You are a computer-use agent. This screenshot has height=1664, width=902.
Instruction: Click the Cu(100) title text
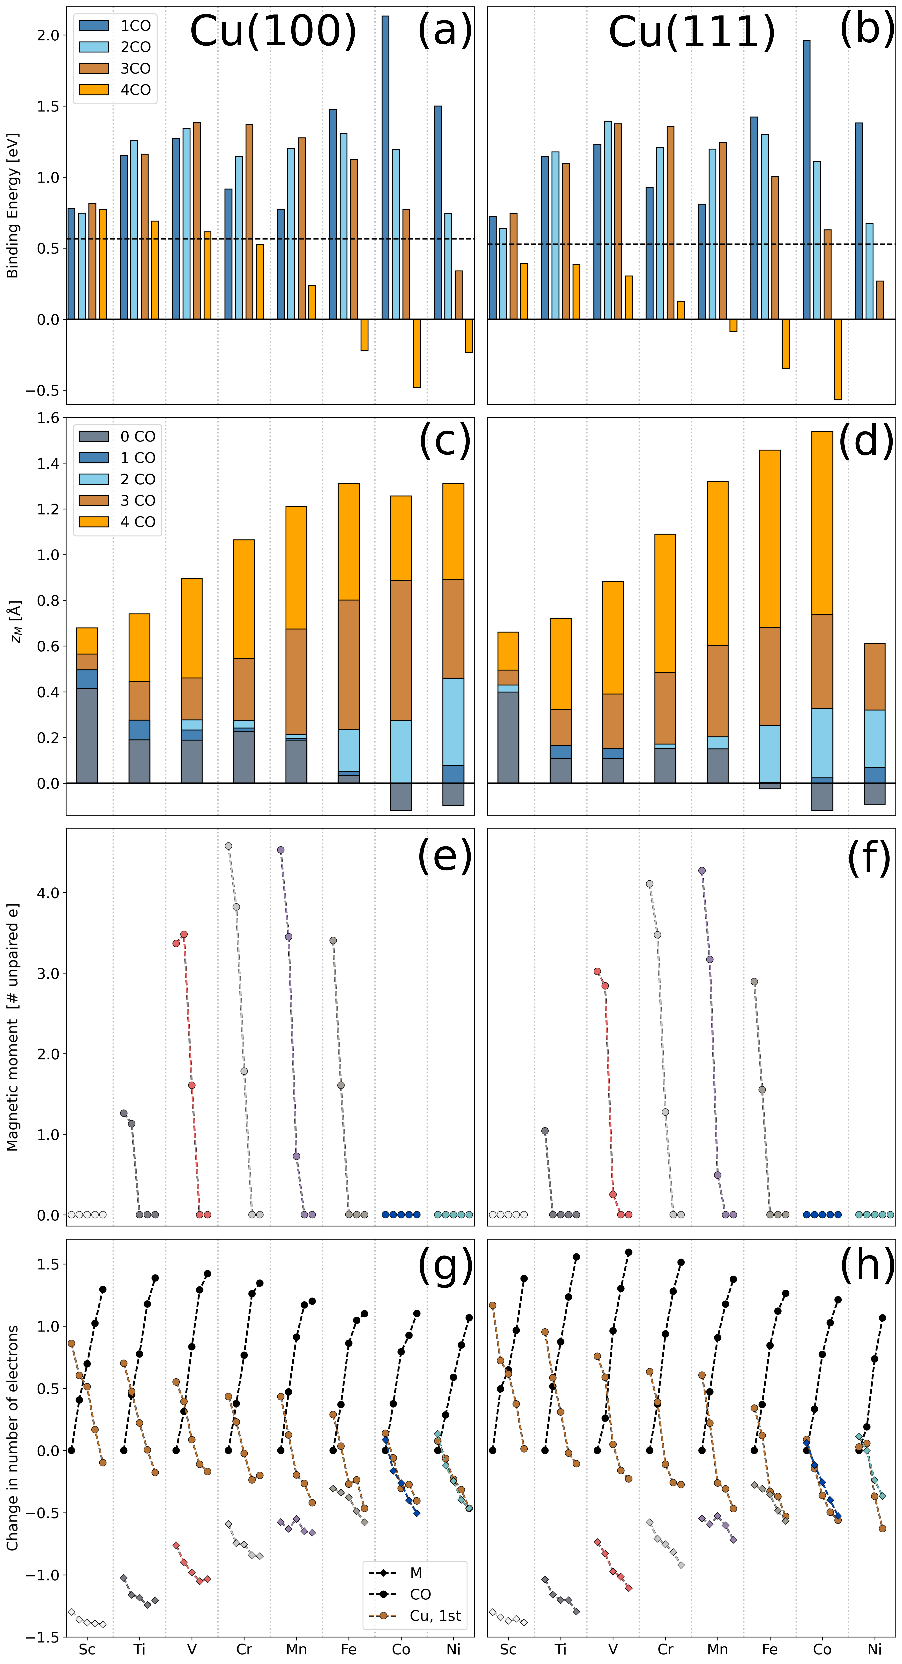tap(273, 31)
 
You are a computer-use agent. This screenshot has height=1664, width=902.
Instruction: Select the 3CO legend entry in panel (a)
tap(116, 68)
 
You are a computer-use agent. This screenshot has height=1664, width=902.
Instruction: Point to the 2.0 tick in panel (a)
tap(48, 36)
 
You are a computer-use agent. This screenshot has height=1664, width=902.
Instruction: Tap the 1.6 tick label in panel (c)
tap(48, 419)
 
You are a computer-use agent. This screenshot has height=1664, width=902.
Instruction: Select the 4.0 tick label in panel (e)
tap(48, 893)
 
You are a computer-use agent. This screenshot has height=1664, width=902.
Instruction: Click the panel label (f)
tap(868, 857)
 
